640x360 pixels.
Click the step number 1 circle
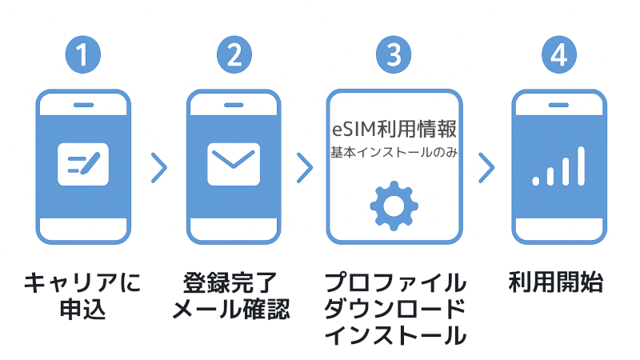click(x=83, y=54)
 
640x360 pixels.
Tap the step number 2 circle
click(x=234, y=54)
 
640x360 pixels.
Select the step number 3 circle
click(x=394, y=54)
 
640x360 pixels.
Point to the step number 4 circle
click(x=558, y=54)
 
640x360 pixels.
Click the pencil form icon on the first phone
click(x=83, y=166)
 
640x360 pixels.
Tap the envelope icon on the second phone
click(x=234, y=166)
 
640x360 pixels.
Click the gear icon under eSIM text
click(x=394, y=206)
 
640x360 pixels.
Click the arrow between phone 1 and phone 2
click(x=159, y=167)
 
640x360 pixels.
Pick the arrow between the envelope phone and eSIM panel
click(x=305, y=167)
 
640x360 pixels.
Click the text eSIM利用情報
click(x=394, y=129)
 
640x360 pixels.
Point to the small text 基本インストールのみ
click(x=394, y=151)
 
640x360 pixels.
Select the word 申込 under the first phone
click(x=83, y=308)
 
